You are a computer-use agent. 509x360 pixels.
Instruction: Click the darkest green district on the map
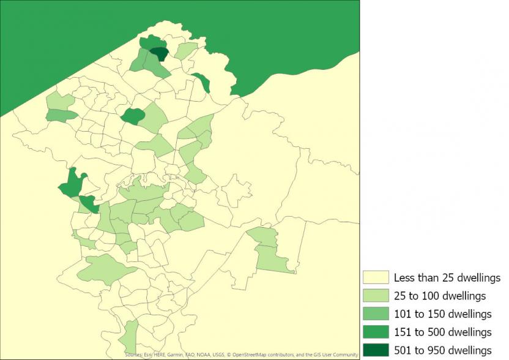click(160, 54)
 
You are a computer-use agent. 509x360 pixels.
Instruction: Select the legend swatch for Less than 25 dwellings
click(376, 278)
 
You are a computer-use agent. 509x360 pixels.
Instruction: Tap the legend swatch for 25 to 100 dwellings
click(376, 296)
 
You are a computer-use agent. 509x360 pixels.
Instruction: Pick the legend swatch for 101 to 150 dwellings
click(376, 314)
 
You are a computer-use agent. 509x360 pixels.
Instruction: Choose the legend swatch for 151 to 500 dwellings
click(376, 332)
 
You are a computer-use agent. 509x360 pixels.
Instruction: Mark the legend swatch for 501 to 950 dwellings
click(376, 350)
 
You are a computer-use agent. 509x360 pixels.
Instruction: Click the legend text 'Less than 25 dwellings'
click(447, 278)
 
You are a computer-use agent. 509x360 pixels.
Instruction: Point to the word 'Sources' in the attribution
click(133, 354)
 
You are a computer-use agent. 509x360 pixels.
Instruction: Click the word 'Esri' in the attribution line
click(148, 354)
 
